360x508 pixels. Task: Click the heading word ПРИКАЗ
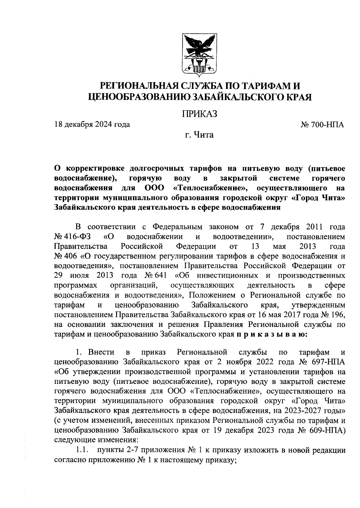(x=199, y=114)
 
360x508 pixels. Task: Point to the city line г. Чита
(x=199, y=135)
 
